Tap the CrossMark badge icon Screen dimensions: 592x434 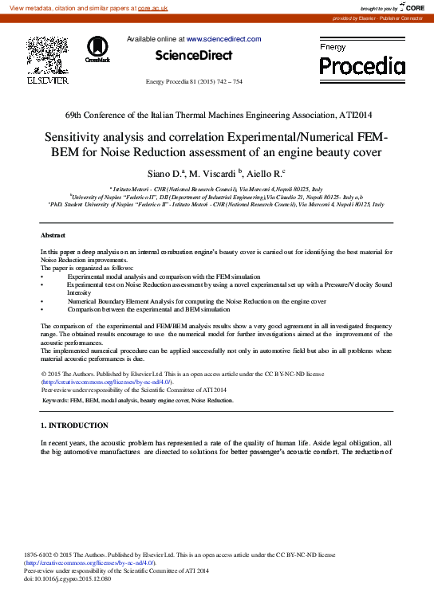pyautogui.click(x=98, y=49)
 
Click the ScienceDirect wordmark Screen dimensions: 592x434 pyautogui.click(x=194, y=56)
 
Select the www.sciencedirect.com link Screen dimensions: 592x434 pyautogui.click(x=223, y=39)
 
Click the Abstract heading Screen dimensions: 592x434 pyautogui.click(x=54, y=236)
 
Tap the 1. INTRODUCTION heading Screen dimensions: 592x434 pyautogui.click(x=74, y=425)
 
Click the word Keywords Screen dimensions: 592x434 pyautogui.click(x=55, y=400)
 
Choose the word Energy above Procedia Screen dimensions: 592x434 pyautogui.click(x=333, y=48)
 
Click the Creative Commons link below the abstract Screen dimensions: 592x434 pyautogui.click(x=105, y=382)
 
